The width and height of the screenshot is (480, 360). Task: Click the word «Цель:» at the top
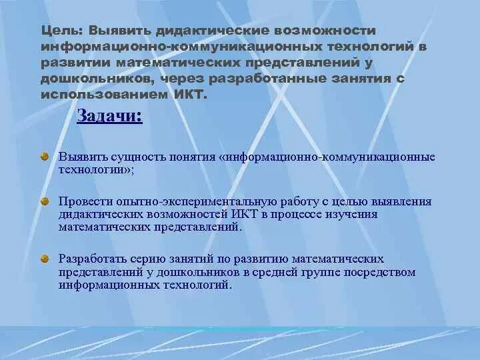point(60,31)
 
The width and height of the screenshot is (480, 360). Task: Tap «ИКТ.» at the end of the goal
point(191,95)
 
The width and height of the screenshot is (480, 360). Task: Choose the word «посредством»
point(385,272)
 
